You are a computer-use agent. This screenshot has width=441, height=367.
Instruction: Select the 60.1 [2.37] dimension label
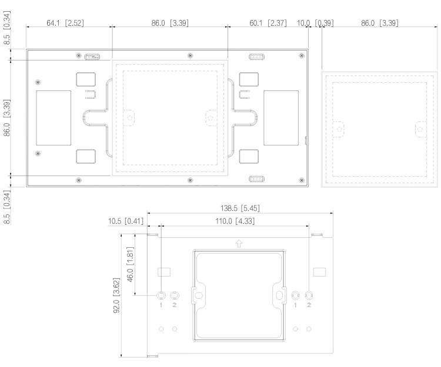point(269,23)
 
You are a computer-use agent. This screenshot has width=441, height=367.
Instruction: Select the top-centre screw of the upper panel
point(190,55)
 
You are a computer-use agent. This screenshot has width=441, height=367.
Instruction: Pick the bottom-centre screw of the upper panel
point(189,179)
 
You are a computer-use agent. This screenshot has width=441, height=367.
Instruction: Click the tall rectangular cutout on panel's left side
point(54,118)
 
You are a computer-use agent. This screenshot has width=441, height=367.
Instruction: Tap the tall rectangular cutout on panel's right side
point(280,118)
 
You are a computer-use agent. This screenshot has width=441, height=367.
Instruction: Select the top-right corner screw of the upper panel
point(302,55)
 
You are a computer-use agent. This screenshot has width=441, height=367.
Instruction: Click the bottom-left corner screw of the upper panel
point(79,179)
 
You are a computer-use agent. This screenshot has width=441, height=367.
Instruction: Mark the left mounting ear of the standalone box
point(339,128)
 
